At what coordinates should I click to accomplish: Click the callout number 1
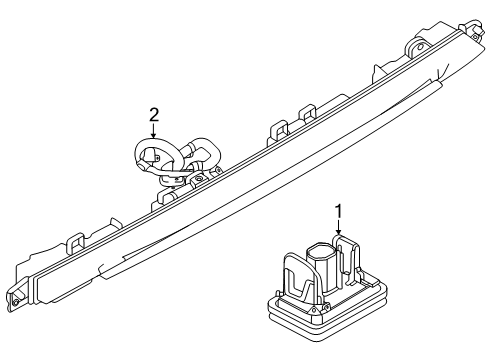pyautogui.click(x=338, y=212)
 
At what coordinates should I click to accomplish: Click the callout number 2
pyautogui.click(x=154, y=115)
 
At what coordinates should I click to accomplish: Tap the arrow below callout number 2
pyautogui.click(x=153, y=130)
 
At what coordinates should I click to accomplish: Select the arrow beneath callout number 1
pyautogui.click(x=339, y=227)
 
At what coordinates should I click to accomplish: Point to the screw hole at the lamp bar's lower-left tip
pyautogui.click(x=15, y=303)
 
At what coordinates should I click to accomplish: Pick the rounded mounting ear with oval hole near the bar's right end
pyautogui.click(x=415, y=46)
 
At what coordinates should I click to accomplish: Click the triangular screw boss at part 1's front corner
pyautogui.click(x=315, y=310)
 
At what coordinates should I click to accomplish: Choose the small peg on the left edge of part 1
pyautogui.click(x=277, y=293)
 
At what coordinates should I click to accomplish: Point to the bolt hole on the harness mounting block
pyautogui.click(x=199, y=179)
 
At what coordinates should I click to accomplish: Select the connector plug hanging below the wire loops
pyautogui.click(x=171, y=180)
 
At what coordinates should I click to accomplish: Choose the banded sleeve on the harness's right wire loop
pyautogui.click(x=194, y=146)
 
